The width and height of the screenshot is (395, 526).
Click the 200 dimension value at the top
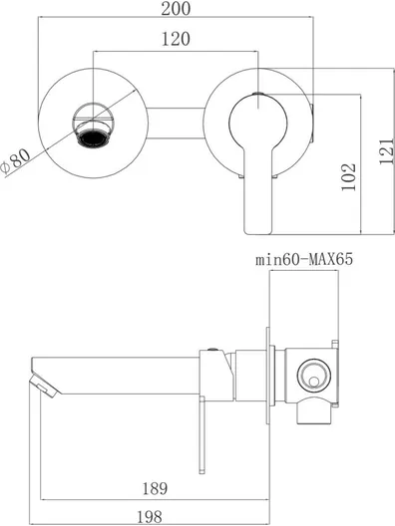(176, 8)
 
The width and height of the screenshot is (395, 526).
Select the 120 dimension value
(176, 39)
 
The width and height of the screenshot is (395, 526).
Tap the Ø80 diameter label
(15, 161)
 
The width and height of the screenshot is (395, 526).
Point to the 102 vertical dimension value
(348, 176)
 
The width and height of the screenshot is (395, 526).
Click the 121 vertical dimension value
(387, 150)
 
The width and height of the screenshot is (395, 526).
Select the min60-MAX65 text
(304, 259)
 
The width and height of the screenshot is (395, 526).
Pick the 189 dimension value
(155, 488)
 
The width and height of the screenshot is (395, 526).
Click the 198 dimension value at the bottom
(150, 517)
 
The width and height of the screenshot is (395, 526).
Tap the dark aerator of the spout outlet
(94, 138)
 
